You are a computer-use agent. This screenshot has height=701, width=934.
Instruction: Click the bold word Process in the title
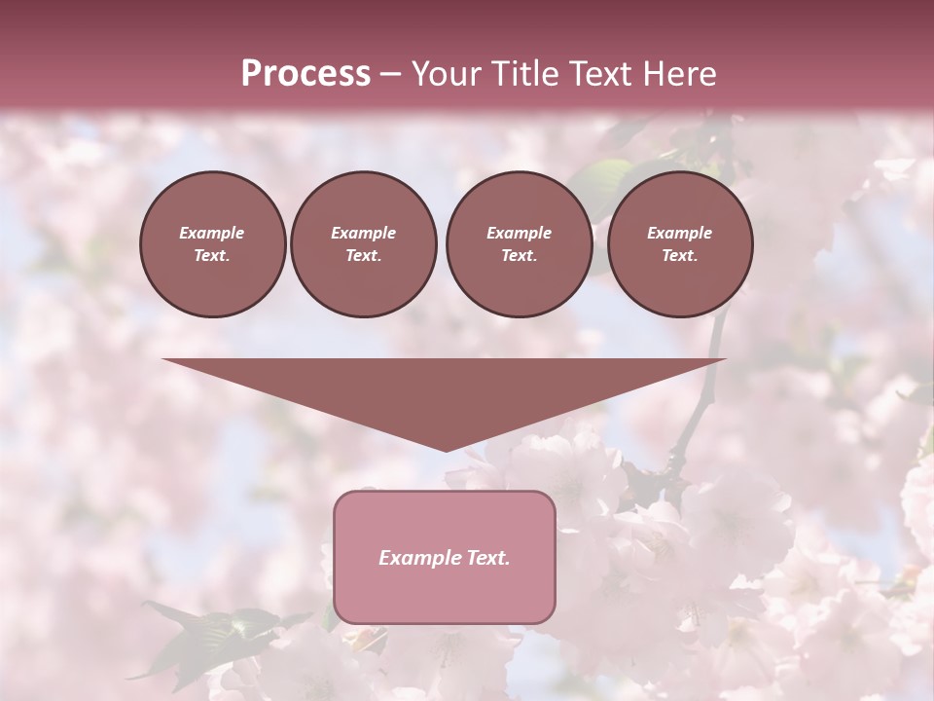point(305,73)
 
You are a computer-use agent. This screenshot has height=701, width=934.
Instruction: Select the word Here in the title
point(679,73)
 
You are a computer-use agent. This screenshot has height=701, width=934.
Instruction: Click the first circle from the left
point(212,244)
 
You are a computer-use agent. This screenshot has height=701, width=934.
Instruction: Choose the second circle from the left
point(363,244)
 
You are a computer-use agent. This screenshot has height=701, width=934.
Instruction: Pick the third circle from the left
point(519,244)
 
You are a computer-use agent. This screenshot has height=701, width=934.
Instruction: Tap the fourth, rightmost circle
point(680,244)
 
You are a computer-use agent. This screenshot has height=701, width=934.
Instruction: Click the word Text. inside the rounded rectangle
point(487,558)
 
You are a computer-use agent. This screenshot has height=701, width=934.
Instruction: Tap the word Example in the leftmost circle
point(212,233)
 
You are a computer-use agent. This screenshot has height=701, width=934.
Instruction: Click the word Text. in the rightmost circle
point(680,256)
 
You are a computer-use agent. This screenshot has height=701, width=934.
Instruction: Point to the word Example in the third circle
point(519,233)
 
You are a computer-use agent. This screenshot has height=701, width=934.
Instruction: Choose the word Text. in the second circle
point(363,256)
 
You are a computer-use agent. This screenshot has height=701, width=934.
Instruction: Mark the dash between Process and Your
point(390,74)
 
